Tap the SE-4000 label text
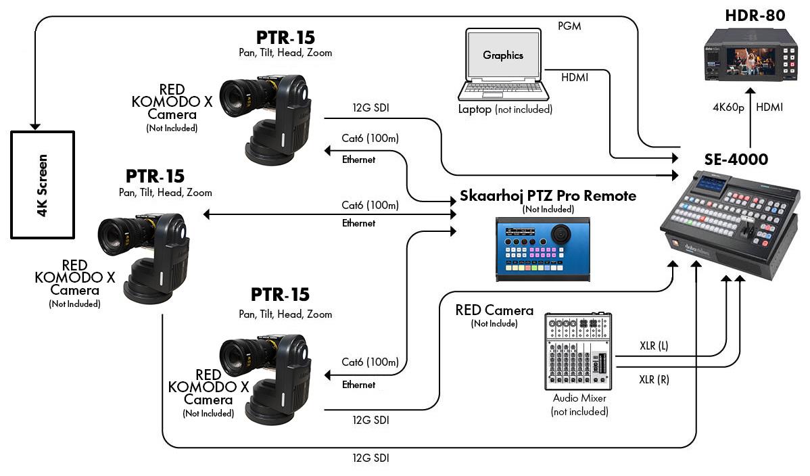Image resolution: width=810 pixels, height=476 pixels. (x=736, y=160)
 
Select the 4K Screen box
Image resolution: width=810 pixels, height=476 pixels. (x=42, y=184)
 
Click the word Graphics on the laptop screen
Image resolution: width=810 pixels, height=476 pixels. (x=503, y=55)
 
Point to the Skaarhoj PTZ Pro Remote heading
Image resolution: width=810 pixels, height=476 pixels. (x=548, y=196)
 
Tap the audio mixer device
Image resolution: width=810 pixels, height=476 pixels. (x=579, y=352)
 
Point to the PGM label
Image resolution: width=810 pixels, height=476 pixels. (x=569, y=26)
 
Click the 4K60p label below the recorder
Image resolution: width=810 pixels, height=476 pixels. (x=728, y=107)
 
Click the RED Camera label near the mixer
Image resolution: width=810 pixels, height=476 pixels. (x=494, y=310)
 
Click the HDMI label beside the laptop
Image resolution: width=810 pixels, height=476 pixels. (x=574, y=78)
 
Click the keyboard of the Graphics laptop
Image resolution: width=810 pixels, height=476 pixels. (x=502, y=91)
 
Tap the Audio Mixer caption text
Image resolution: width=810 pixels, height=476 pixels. (x=579, y=398)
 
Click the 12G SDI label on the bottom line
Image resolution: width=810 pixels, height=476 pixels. (x=371, y=458)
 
